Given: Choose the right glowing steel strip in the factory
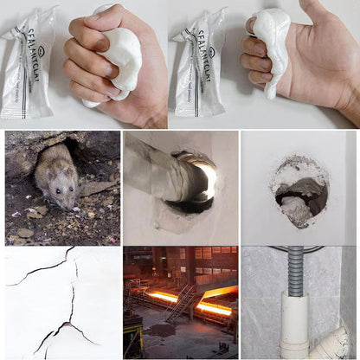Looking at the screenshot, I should pyautogui.click(x=214, y=307).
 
